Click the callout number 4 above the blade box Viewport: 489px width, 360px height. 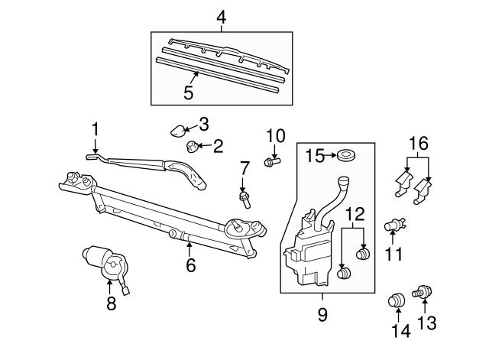pos(221,16)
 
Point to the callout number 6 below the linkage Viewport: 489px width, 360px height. pos(190,265)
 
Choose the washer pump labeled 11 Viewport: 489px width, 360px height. pos(394,225)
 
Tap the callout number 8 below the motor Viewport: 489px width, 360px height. pos(112,304)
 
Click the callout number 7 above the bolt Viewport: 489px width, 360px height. pos(244,167)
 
